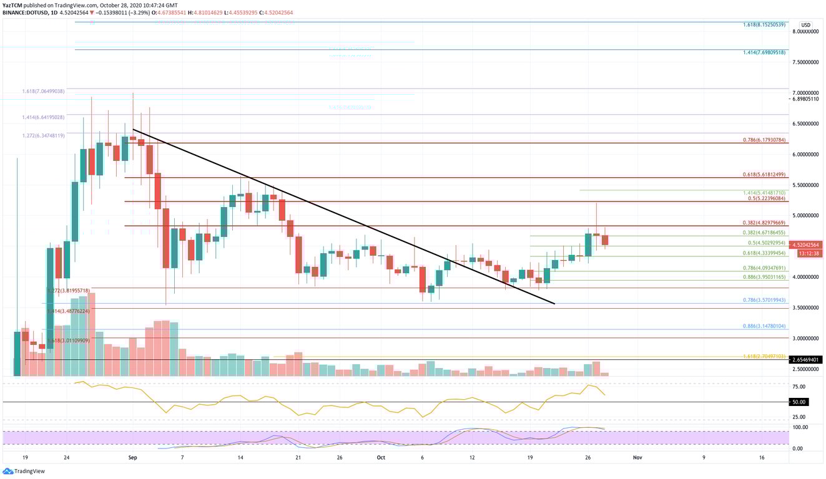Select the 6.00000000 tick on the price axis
click(805, 155)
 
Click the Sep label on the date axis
click(132, 457)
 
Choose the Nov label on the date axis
click(637, 457)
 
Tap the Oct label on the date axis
click(380, 457)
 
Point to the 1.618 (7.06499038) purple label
click(42, 91)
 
